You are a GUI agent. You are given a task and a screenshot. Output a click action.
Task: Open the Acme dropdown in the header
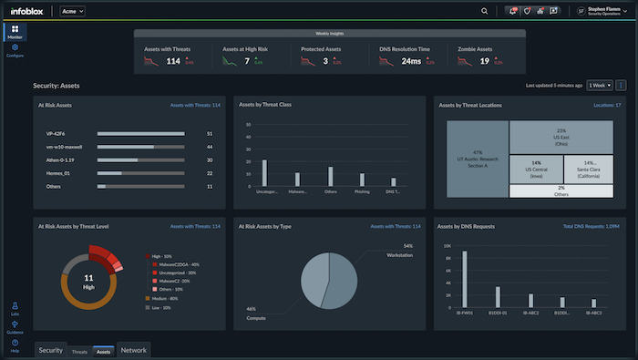pos(73,11)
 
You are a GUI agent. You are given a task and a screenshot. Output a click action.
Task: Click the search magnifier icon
pos(485,11)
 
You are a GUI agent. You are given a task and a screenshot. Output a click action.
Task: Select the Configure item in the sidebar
pos(15,50)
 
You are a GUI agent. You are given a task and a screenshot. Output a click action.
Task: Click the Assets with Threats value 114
pos(172,62)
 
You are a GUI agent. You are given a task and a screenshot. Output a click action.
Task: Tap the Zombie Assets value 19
pos(485,62)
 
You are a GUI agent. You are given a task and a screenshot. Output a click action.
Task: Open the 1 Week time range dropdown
pos(599,85)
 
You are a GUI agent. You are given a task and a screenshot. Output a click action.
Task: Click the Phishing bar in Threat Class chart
pos(362,180)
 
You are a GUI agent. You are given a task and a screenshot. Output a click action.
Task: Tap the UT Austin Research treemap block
pos(477,158)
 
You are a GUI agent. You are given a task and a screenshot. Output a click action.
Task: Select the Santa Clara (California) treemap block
pos(589,170)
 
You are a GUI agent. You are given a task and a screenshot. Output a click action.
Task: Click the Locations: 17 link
pos(606,105)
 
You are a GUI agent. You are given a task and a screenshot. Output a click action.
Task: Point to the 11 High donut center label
pos(89,279)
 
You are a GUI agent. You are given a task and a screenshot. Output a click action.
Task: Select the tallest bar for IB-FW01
pos(465,279)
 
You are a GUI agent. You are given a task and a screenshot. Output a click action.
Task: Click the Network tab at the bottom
pos(133,350)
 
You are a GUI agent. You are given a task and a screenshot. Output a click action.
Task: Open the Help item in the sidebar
pos(15,346)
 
